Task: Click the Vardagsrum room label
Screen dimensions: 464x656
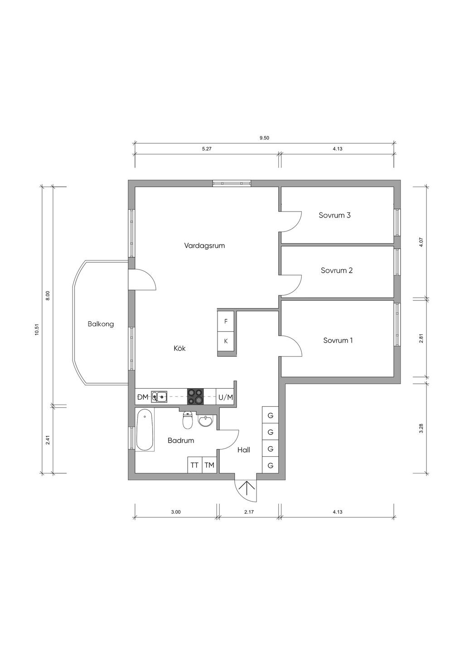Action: click(x=204, y=246)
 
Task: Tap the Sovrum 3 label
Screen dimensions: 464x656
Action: click(x=335, y=215)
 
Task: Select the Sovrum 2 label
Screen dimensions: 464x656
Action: click(x=337, y=270)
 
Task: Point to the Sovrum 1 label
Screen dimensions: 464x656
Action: click(x=338, y=340)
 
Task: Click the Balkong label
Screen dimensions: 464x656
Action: click(x=101, y=324)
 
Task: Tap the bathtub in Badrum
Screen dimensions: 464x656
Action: click(x=145, y=430)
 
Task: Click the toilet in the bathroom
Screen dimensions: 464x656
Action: click(x=187, y=420)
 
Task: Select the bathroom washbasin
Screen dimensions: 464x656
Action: click(x=206, y=421)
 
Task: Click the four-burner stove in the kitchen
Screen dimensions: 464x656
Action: click(x=195, y=396)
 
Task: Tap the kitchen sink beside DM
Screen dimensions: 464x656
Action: click(x=159, y=397)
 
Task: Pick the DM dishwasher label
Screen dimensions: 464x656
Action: click(x=143, y=397)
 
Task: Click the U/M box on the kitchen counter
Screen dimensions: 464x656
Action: click(x=226, y=397)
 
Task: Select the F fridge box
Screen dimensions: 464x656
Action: click(x=226, y=321)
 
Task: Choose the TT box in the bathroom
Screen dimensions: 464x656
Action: click(x=194, y=465)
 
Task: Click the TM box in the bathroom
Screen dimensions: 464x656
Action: click(x=209, y=465)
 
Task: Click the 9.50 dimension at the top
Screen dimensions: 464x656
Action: click(x=264, y=138)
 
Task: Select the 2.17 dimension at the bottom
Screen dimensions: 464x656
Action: click(x=249, y=512)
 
